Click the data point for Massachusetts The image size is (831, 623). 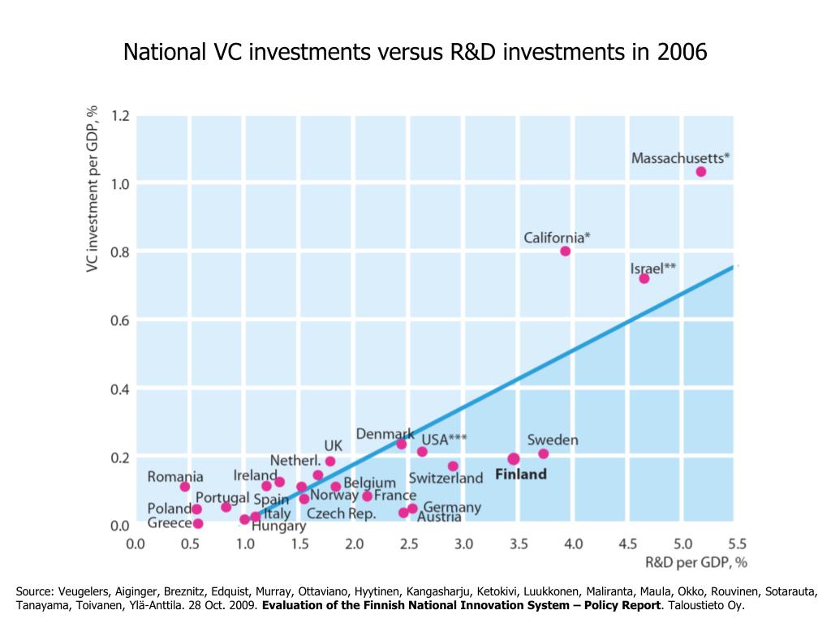click(700, 171)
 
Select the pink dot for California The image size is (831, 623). click(565, 251)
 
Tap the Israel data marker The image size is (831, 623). click(644, 278)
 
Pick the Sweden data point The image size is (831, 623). click(543, 453)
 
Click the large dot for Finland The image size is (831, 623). click(514, 459)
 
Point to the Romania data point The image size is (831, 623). click(185, 487)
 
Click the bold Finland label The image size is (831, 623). click(520, 475)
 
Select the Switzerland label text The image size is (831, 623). click(446, 478)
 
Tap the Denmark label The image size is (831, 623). click(385, 434)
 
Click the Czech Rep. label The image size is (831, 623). click(341, 513)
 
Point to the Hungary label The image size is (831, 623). click(278, 526)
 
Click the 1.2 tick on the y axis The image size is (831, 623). click(120, 116)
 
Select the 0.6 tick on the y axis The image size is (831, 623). click(120, 321)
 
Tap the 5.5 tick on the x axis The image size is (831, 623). click(737, 544)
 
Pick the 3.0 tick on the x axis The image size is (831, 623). click(463, 544)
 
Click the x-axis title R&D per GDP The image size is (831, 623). click(695, 561)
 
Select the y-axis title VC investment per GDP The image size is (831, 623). click(93, 188)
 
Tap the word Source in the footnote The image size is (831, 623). click(35, 591)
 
